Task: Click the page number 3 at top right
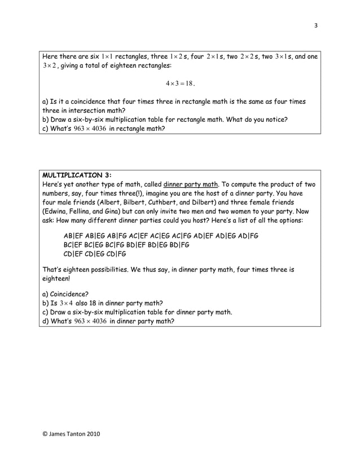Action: [x=316, y=24]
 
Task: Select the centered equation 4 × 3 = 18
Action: [x=180, y=83]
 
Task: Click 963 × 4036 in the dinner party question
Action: [x=86, y=321]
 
